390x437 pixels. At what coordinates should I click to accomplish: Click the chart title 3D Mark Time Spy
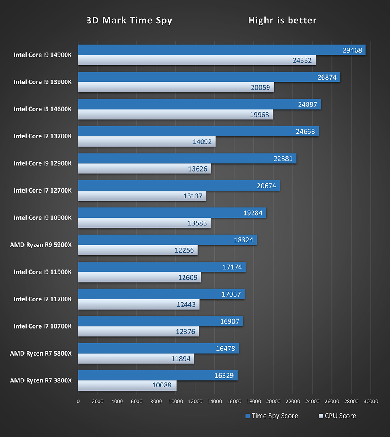(129, 21)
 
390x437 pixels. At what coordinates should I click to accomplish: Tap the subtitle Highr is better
(282, 21)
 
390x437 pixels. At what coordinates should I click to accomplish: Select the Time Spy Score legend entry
(271, 416)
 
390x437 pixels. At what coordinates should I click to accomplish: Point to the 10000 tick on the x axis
(175, 402)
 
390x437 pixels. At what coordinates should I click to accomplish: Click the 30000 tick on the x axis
(370, 402)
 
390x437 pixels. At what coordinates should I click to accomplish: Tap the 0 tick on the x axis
(78, 402)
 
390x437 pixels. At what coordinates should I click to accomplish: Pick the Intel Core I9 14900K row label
(43, 55)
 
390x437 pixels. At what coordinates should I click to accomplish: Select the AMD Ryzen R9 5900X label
(41, 245)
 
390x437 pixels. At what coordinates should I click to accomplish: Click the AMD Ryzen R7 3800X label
(41, 380)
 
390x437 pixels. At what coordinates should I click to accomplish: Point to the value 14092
(202, 142)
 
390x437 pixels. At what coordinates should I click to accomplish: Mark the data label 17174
(232, 267)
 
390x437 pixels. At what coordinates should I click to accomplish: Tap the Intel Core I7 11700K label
(43, 299)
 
